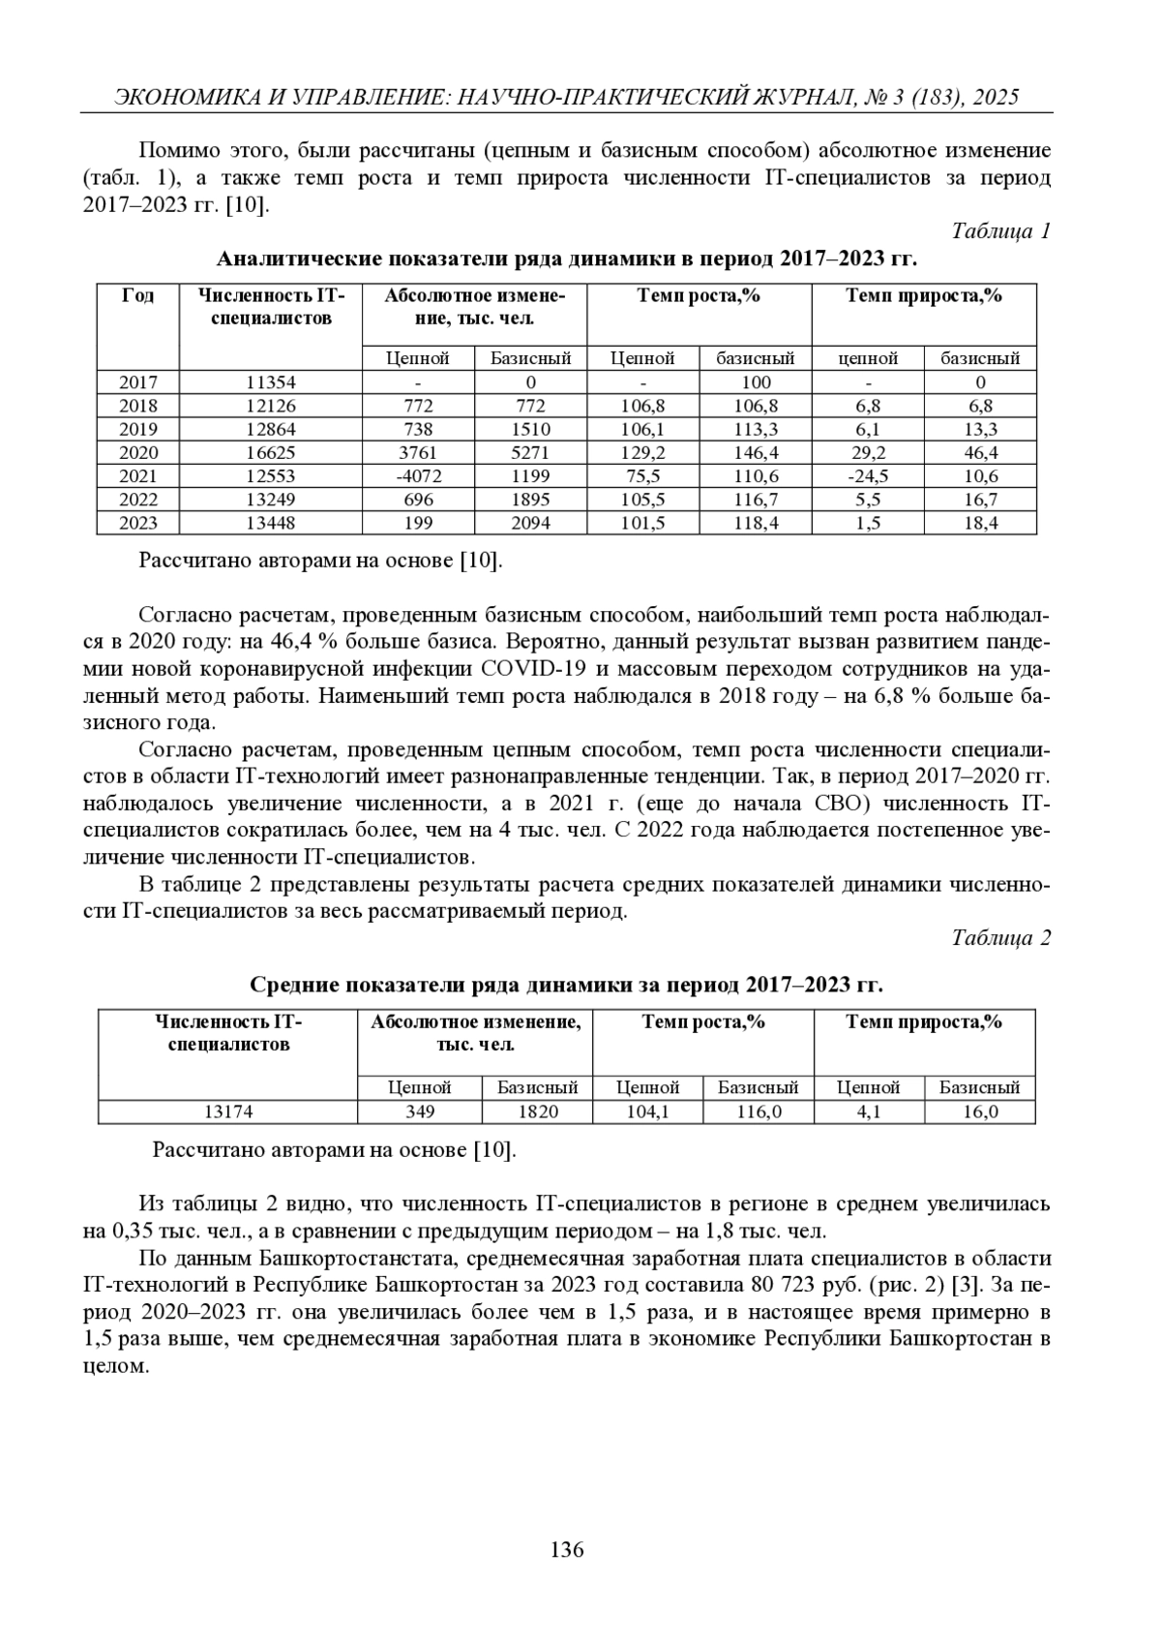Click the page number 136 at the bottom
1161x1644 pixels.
tap(567, 1550)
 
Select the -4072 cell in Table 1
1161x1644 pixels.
tap(418, 476)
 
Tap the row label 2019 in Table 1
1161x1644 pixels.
tap(137, 430)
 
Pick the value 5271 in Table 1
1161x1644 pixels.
tap(531, 453)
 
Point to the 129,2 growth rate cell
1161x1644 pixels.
tap(642, 453)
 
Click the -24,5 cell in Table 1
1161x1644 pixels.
tap(868, 476)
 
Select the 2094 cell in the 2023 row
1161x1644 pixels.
tap(531, 523)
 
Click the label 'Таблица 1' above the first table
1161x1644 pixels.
tap(1000, 231)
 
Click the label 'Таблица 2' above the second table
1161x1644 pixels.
tap(1000, 938)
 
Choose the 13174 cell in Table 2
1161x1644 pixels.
tap(228, 1112)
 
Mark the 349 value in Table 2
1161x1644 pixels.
tap(420, 1112)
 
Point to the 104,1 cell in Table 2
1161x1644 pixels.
tap(648, 1112)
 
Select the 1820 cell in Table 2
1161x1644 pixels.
tap(538, 1112)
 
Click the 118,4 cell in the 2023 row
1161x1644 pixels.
tap(756, 523)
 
